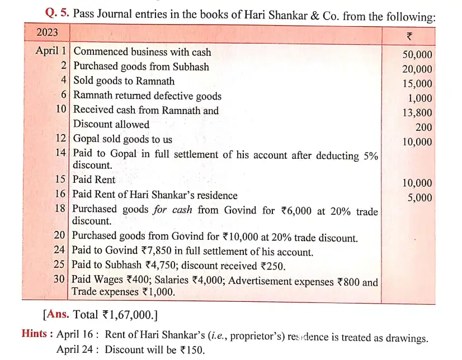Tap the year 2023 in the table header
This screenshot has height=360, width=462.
(48, 33)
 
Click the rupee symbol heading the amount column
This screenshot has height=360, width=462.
(409, 36)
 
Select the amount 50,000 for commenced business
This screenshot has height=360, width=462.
(417, 55)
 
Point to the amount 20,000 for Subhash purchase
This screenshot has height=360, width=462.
(417, 69)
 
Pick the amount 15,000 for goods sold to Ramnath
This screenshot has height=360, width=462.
(417, 84)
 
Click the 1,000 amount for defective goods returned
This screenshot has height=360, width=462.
(420, 98)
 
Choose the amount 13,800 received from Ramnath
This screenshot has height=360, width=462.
(417, 113)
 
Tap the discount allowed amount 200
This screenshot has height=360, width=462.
(423, 127)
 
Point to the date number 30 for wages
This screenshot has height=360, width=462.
(60, 281)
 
